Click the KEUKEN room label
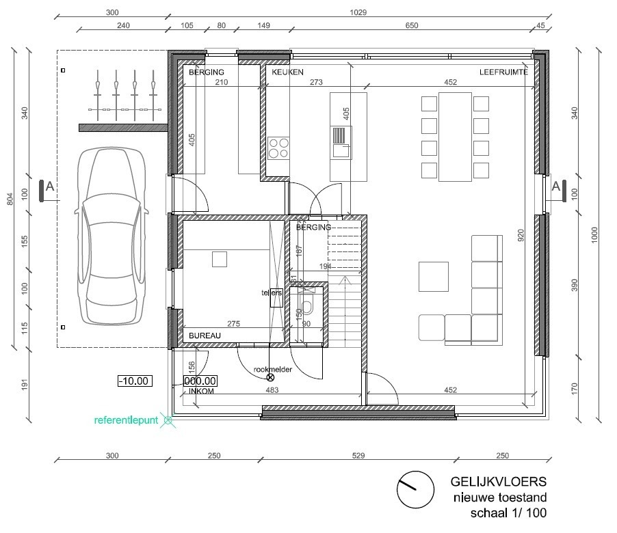(287, 72)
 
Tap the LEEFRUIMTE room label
(503, 72)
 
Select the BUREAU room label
(204, 336)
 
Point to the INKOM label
(200, 392)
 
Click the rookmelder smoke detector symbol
(270, 377)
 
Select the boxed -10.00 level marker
(134, 381)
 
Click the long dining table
(455, 137)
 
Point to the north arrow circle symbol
(415, 490)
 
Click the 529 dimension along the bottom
(358, 456)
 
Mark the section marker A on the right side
(556, 186)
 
